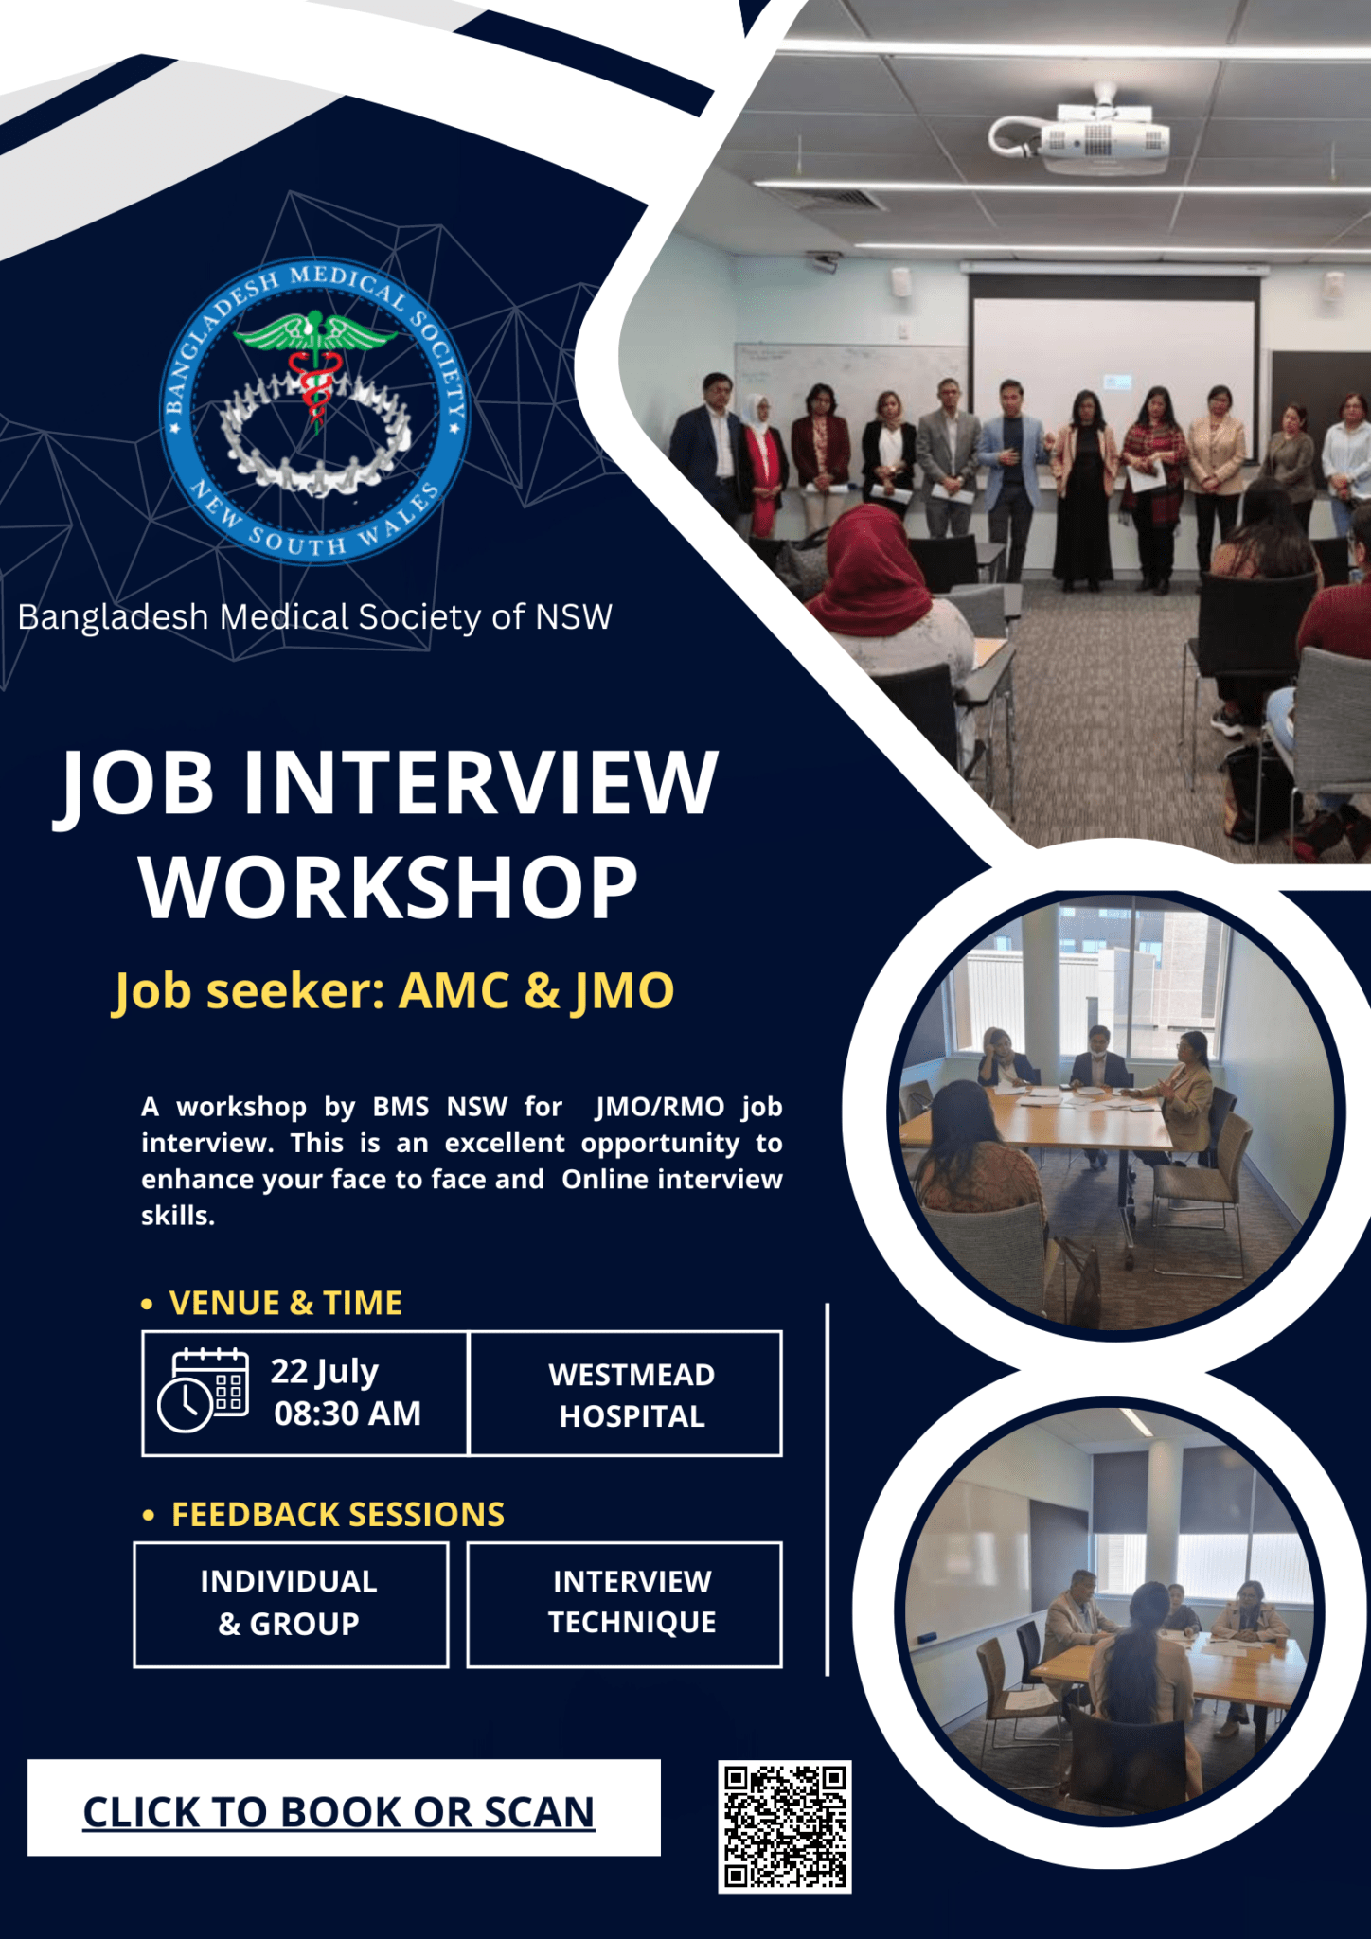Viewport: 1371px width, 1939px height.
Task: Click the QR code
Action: pyautogui.click(x=784, y=1826)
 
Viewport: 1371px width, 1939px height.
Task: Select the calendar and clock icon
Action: pyautogui.click(x=203, y=1390)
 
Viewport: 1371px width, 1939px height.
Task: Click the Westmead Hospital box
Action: pyautogui.click(x=626, y=1394)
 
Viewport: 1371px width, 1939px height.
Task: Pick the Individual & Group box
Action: pyautogui.click(x=291, y=1604)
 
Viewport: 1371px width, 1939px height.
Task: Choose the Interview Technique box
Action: pyautogui.click(x=625, y=1604)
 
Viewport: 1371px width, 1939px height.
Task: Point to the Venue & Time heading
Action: pyautogui.click(x=285, y=1303)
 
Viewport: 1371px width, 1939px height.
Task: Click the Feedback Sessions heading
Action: pyautogui.click(x=338, y=1514)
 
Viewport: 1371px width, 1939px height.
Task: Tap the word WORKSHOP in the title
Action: pyautogui.click(x=389, y=887)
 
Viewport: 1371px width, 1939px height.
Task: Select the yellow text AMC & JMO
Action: pyautogui.click(x=537, y=991)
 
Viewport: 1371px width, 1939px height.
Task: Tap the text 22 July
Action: pyautogui.click(x=325, y=1372)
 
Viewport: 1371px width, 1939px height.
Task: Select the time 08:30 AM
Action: pyautogui.click(x=347, y=1414)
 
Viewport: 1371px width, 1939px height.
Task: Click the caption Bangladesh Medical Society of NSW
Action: pyautogui.click(x=315, y=616)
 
